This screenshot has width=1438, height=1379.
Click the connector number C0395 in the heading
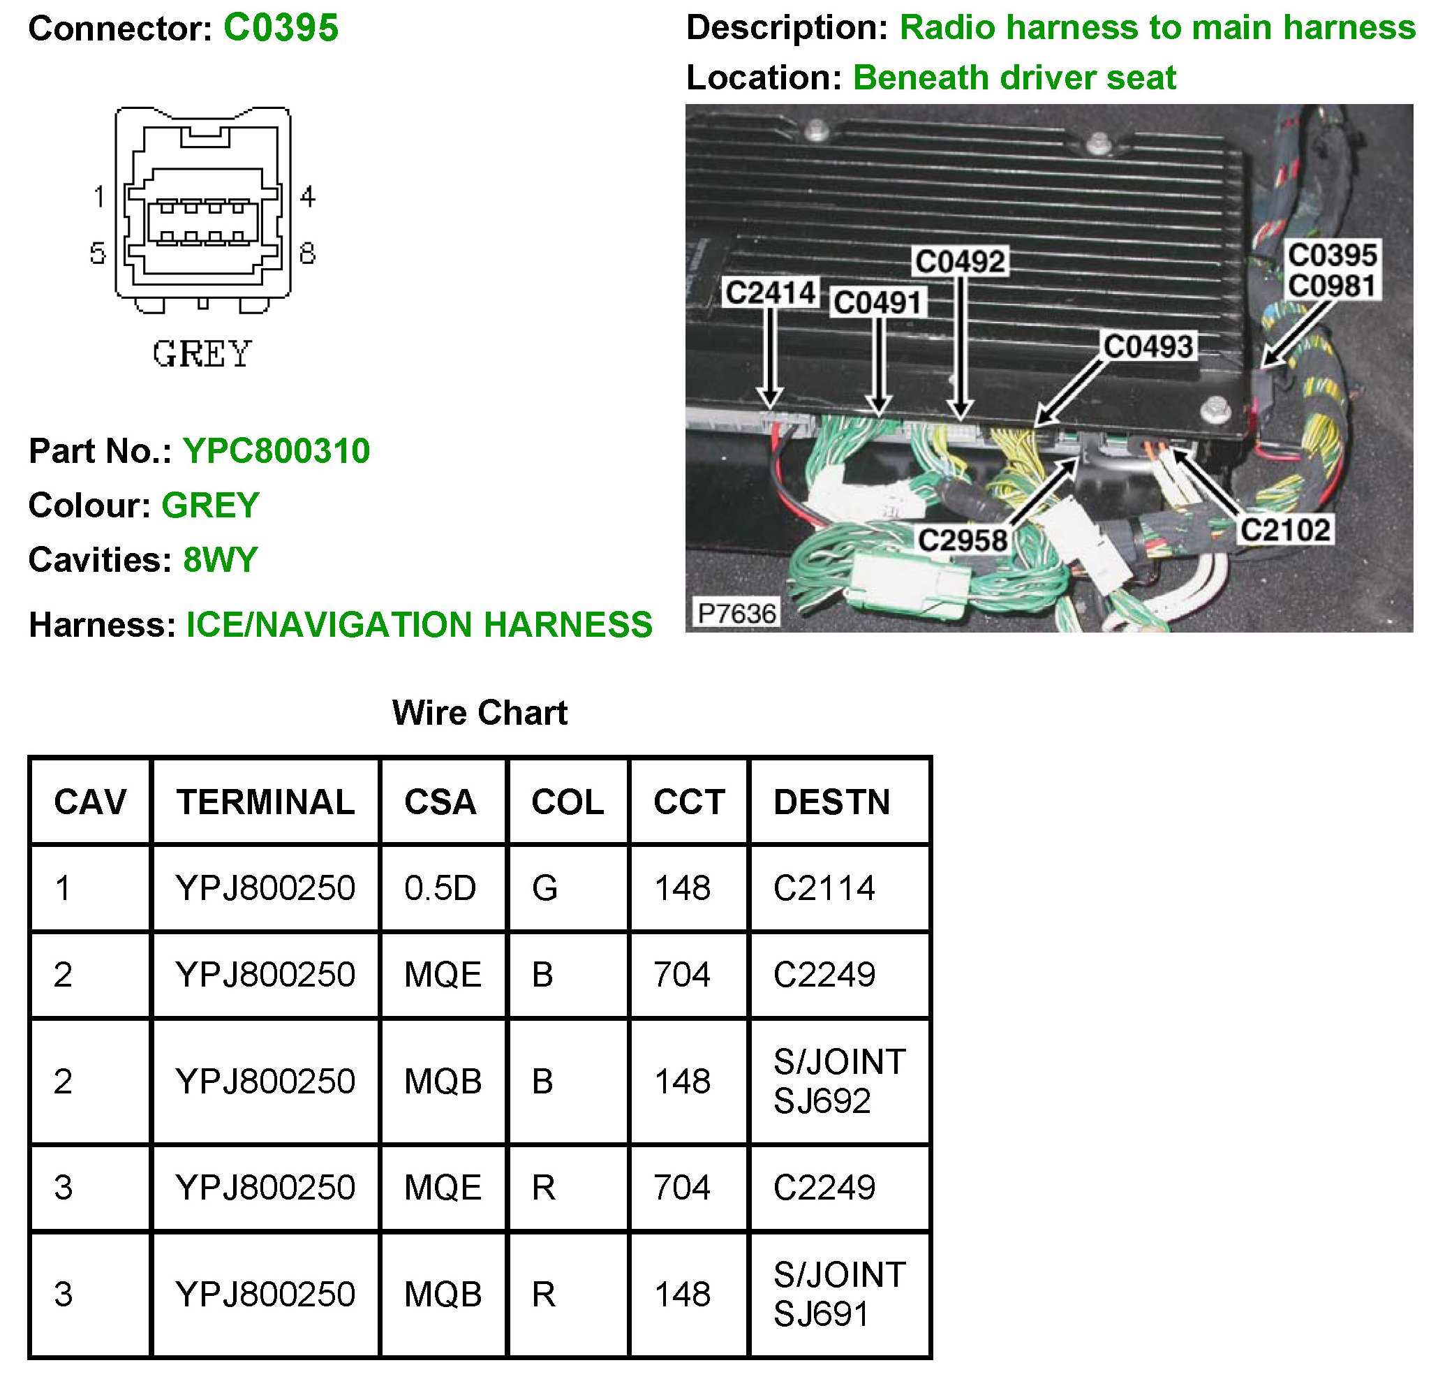(281, 29)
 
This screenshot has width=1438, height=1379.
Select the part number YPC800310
(276, 451)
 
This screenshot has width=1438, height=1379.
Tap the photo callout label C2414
(771, 293)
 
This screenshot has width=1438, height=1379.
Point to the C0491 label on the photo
(877, 302)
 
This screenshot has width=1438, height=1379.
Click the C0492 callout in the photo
(961, 261)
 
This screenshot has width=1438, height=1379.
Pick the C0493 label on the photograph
(1149, 346)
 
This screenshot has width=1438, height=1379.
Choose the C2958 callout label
(963, 541)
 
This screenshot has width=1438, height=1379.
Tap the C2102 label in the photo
(1285, 530)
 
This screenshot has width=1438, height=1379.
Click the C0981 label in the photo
(1333, 286)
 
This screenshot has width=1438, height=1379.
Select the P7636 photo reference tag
(736, 613)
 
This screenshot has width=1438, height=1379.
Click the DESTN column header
(832, 802)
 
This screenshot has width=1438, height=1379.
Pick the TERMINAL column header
(265, 802)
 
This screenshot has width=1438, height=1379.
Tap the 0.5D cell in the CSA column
(440, 888)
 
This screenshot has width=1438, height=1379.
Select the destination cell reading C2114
(824, 888)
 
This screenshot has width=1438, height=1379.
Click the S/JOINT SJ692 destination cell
(839, 1081)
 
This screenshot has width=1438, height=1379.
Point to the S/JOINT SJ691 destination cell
(839, 1294)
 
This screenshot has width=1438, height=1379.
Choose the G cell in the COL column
(544, 888)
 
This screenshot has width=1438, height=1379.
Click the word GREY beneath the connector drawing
(202, 354)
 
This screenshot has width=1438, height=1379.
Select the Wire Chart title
(480, 713)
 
